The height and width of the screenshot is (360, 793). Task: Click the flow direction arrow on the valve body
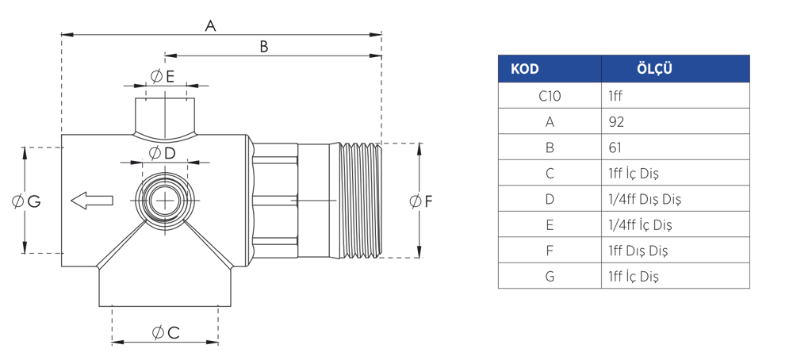[91, 201]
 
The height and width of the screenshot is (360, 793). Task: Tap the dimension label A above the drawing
[210, 26]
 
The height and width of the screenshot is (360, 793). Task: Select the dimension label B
[263, 47]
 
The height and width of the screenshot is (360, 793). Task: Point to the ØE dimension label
[163, 76]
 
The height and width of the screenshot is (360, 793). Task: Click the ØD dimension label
[162, 153]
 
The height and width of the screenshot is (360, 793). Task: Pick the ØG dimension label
[26, 201]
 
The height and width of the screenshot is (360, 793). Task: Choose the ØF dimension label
[421, 201]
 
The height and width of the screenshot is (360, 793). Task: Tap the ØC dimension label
[166, 333]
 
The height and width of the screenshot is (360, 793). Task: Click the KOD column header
[524, 69]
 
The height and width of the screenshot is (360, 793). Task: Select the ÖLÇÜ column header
[654, 69]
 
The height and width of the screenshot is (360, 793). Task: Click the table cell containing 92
[675, 121]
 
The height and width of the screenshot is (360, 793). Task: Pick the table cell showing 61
[675, 147]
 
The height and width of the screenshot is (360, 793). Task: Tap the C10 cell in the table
[550, 96]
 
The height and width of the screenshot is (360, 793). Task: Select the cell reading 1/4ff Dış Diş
[675, 199]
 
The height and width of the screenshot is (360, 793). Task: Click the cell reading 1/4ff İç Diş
[675, 224]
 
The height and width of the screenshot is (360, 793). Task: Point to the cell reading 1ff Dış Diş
[675, 251]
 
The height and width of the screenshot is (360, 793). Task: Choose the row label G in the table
[550, 277]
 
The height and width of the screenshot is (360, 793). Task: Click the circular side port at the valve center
[165, 201]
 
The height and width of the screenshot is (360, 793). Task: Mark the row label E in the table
[550, 224]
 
